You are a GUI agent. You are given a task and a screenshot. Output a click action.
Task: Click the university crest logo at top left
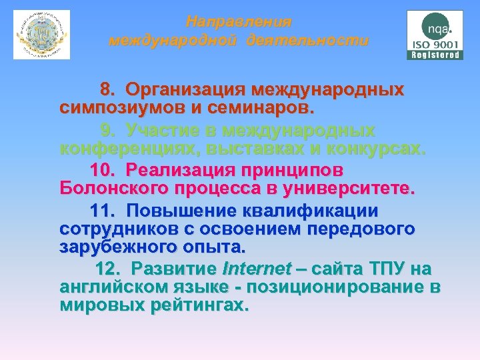(41, 34)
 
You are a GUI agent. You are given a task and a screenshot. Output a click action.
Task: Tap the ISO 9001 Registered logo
(435, 35)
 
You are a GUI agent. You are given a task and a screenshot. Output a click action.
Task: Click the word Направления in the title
(238, 22)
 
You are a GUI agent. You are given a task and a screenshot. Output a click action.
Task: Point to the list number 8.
(107, 89)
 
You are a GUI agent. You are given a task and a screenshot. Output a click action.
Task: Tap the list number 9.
(107, 130)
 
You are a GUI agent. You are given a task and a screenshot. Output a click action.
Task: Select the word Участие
(161, 130)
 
